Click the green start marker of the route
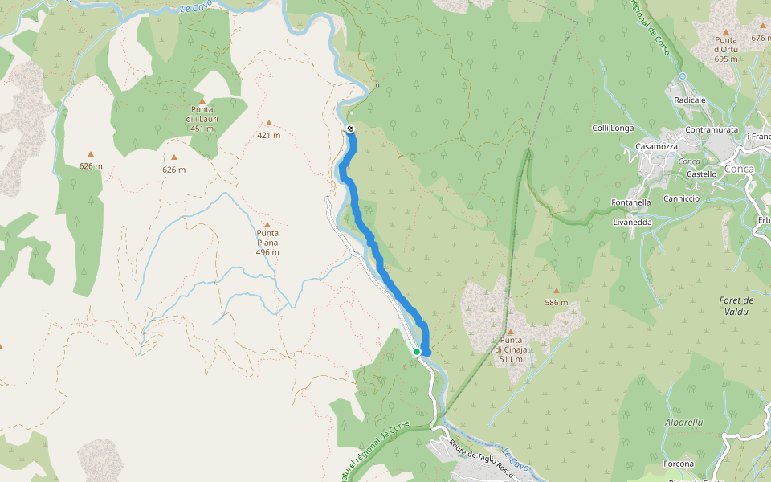(417, 351)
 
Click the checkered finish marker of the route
(350, 129)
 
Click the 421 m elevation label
(269, 135)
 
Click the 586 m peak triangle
(556, 291)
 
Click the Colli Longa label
(613, 128)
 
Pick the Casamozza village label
(656, 146)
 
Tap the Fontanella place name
(630, 202)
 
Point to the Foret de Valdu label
(736, 305)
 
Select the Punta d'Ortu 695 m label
(725, 49)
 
